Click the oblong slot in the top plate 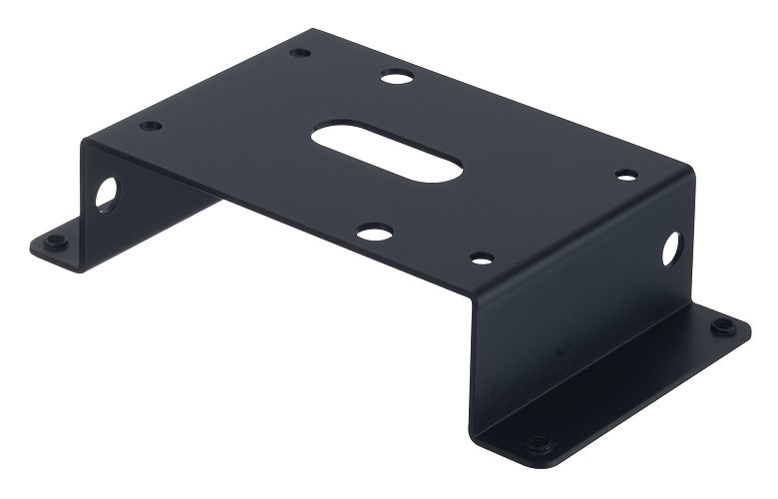pos(386,152)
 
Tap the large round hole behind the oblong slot pos(396,76)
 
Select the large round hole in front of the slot pos(374,233)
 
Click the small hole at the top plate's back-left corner pos(300,52)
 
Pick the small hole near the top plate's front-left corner pos(151,126)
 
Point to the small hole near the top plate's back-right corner pos(626,176)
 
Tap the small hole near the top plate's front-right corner pos(482,258)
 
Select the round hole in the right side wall pos(671,249)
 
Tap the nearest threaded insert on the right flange pos(539,444)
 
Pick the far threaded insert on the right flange pos(721,326)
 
